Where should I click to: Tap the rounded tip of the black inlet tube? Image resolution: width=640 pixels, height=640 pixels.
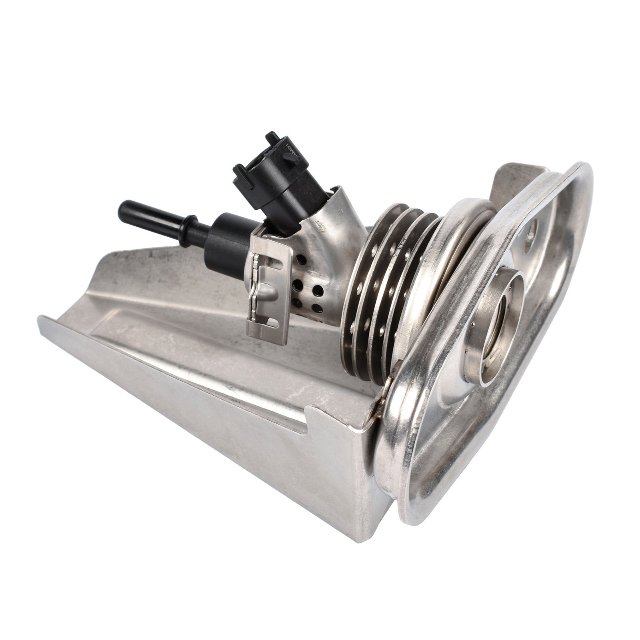pos(122,208)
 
